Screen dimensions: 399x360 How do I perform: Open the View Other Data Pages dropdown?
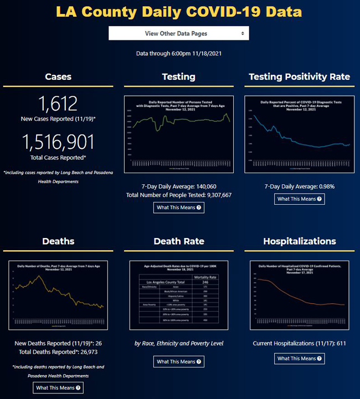pyautogui.click(x=178, y=33)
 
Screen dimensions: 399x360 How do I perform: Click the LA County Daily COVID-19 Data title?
pyautogui.click(x=179, y=12)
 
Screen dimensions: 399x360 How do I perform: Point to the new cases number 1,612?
pyautogui.click(x=58, y=103)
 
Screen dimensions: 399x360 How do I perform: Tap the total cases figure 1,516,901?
pyautogui.click(x=58, y=143)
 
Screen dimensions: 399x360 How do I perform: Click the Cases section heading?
pyautogui.click(x=58, y=76)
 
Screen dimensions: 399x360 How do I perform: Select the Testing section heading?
pyautogui.click(x=178, y=76)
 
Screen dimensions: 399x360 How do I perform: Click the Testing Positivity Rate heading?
pyautogui.click(x=299, y=76)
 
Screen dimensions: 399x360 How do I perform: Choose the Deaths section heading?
pyautogui.click(x=58, y=241)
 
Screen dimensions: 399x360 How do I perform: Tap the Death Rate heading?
pyautogui.click(x=178, y=241)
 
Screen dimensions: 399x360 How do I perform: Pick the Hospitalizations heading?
pyautogui.click(x=299, y=241)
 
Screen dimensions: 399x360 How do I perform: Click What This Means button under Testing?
pyautogui.click(x=178, y=208)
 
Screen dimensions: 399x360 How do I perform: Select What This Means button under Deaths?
pyautogui.click(x=58, y=387)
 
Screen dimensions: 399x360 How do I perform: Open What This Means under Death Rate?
pyautogui.click(x=178, y=361)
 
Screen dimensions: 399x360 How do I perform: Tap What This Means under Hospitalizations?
pyautogui.click(x=299, y=359)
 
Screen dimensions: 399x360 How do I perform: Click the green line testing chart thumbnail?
pyautogui.click(x=178, y=134)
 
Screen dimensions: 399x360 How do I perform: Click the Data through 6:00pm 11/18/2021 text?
pyautogui.click(x=178, y=54)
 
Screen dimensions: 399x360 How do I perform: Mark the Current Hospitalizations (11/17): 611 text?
pyautogui.click(x=299, y=344)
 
